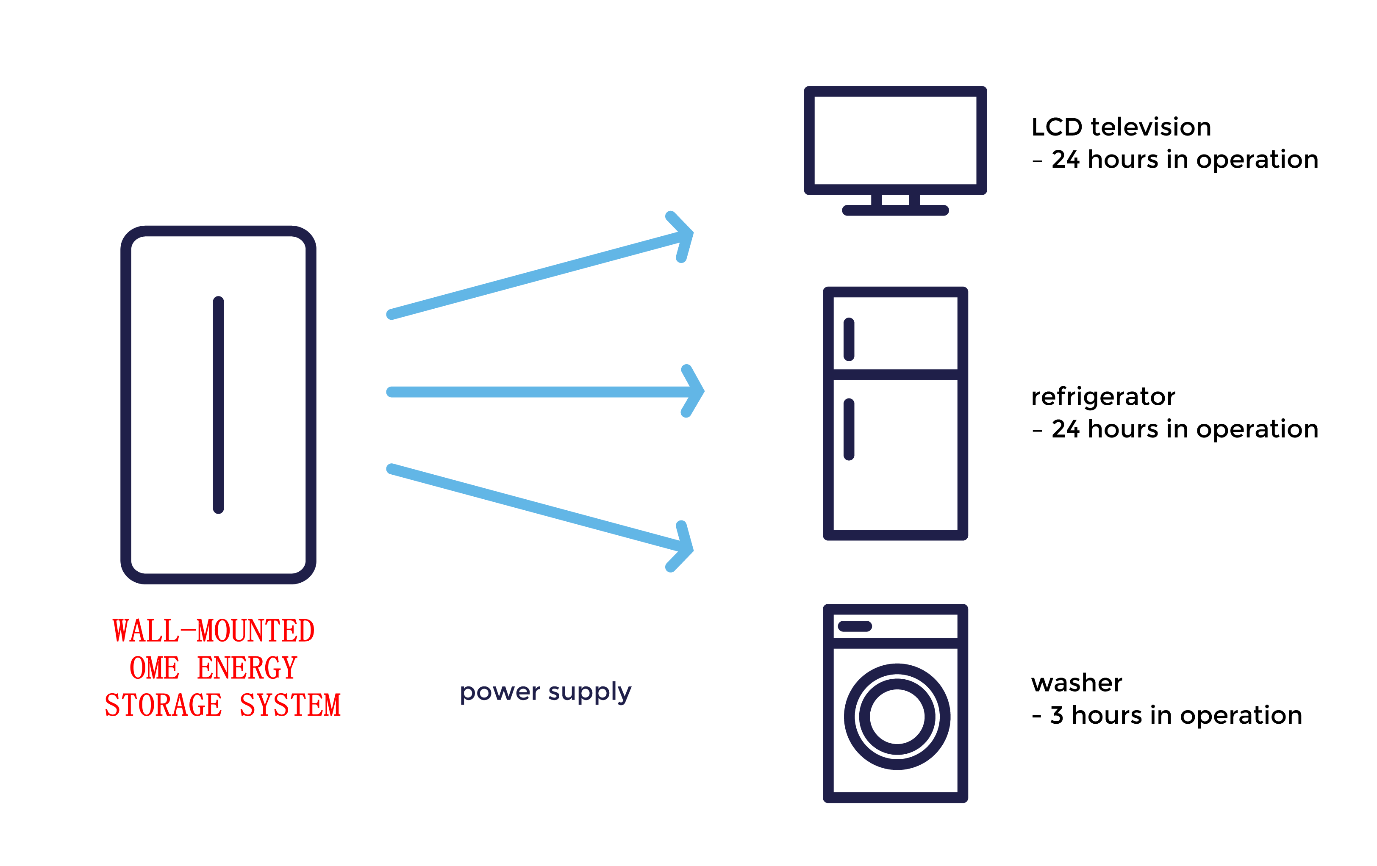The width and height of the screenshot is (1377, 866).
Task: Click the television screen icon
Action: (x=895, y=141)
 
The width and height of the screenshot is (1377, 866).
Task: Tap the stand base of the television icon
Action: (x=895, y=210)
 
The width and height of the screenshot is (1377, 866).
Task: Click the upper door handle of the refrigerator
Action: (x=849, y=340)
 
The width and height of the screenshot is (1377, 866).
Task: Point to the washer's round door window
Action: (x=897, y=716)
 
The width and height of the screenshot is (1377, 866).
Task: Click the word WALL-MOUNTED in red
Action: (x=213, y=631)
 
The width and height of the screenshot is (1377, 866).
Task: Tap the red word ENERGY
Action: (x=247, y=668)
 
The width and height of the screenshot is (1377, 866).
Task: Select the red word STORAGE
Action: (x=164, y=705)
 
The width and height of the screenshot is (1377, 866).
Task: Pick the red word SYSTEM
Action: (x=291, y=705)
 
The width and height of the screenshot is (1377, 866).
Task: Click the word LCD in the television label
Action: (x=1057, y=127)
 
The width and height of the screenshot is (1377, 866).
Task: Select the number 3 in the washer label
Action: (x=1057, y=715)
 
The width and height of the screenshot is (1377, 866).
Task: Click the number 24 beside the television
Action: (x=1065, y=160)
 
